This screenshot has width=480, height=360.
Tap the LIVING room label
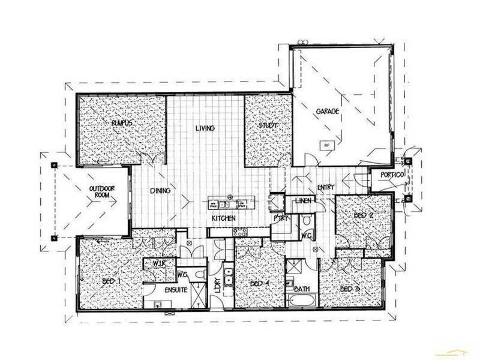coord(205,128)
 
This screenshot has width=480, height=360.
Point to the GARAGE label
coord(328,112)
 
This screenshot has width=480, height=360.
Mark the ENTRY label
coord(326,188)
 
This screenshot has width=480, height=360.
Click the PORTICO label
coord(391,175)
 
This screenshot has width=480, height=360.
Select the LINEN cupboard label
coord(301,200)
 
